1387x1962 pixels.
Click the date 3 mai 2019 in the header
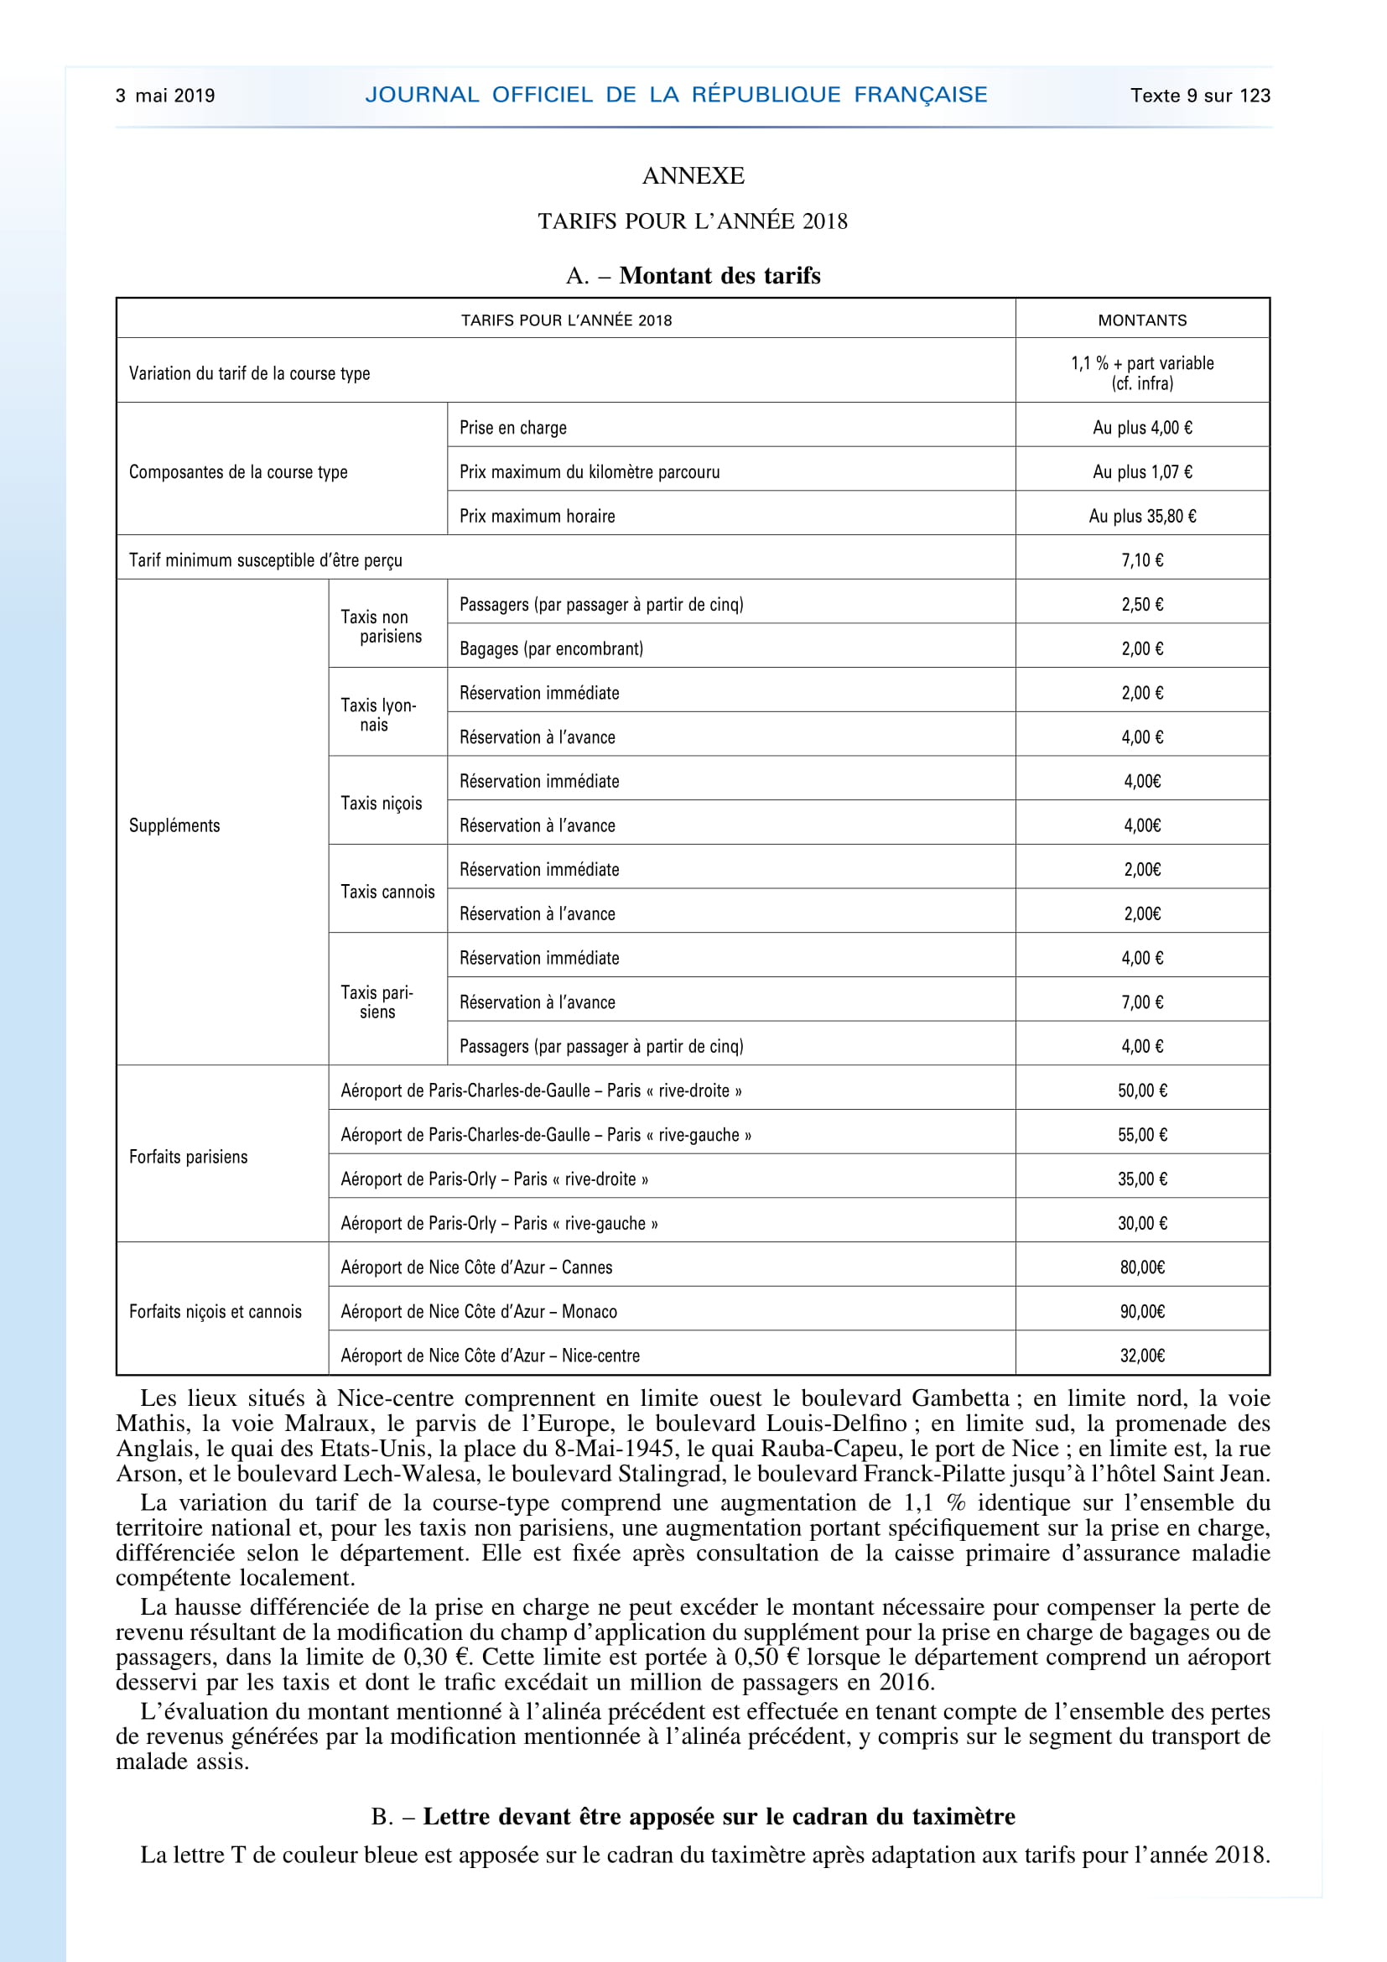click(x=166, y=96)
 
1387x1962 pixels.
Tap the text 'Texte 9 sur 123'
click(x=1200, y=96)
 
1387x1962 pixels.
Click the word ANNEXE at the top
click(x=693, y=176)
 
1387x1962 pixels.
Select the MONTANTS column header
click(x=1142, y=320)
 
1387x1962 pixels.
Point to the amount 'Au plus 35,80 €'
click(x=1142, y=516)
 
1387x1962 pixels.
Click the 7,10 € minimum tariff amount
click(x=1142, y=560)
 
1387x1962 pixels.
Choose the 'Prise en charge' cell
click(x=513, y=428)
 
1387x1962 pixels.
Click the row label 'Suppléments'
click(x=174, y=825)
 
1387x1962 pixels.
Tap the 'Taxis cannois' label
click(x=387, y=893)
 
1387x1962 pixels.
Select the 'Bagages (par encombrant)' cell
click(x=552, y=648)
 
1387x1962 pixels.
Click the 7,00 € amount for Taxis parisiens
click(x=1142, y=1002)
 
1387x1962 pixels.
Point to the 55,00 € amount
click(x=1142, y=1135)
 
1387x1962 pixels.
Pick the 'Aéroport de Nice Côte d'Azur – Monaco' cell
click(x=479, y=1312)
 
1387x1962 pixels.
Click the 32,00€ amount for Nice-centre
click(x=1142, y=1356)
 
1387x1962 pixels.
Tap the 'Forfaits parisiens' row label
click(x=189, y=1157)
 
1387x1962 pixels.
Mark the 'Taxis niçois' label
click(x=382, y=804)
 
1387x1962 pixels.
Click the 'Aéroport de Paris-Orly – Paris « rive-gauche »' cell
click(x=500, y=1224)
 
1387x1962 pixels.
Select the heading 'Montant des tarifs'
click(x=719, y=276)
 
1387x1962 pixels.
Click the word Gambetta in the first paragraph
click(x=960, y=1399)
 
